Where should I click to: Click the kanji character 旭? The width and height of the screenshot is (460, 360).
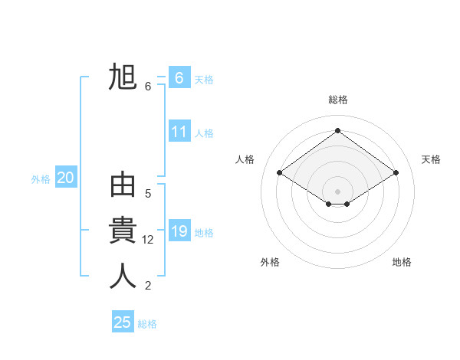[123, 77]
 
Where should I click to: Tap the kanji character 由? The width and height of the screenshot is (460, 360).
[123, 187]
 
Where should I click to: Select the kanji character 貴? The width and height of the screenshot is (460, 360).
[123, 231]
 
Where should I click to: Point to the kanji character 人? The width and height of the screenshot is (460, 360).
[123, 277]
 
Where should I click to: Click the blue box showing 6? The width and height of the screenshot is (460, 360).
[179, 78]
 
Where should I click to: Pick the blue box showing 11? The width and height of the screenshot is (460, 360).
[179, 132]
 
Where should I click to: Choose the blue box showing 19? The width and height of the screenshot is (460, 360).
[179, 231]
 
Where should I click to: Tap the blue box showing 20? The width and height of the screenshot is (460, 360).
[65, 178]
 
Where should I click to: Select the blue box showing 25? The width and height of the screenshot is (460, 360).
[122, 322]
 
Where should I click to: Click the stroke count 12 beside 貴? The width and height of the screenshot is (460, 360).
[148, 240]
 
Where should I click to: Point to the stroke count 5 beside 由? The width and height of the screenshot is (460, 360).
[148, 194]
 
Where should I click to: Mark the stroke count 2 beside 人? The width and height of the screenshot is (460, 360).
[148, 286]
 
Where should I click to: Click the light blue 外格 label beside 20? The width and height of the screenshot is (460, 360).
[41, 179]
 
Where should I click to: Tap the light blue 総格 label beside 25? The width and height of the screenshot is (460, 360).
[147, 324]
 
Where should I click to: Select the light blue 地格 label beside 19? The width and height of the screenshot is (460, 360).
[204, 233]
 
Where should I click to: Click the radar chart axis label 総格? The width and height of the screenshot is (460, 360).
[337, 100]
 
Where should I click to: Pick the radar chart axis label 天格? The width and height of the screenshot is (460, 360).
[431, 159]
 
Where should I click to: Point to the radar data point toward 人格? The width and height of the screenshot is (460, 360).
[280, 173]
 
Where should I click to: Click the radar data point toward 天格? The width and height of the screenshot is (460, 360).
[396, 173]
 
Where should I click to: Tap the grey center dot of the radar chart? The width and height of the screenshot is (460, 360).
[337, 191]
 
